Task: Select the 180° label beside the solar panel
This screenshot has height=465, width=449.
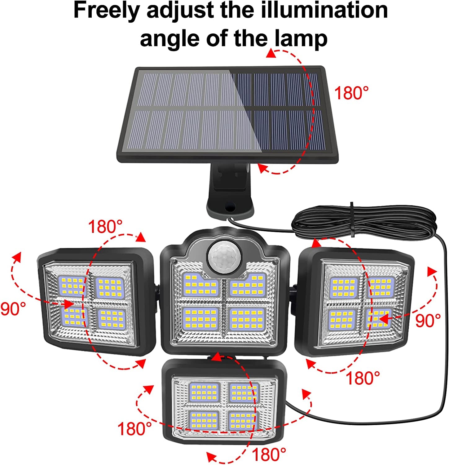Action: (x=351, y=93)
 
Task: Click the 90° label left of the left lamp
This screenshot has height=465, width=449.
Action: (x=13, y=308)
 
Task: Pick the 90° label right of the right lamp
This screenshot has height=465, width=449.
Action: (x=428, y=321)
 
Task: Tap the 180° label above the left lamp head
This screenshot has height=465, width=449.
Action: (x=105, y=227)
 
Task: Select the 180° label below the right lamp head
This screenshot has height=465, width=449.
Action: (x=363, y=378)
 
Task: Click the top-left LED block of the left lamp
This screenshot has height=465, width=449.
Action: (x=72, y=286)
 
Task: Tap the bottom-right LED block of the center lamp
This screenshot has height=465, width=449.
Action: (x=247, y=319)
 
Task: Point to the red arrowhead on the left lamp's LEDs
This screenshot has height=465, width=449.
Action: (x=68, y=303)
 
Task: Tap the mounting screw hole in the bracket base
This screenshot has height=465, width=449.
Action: (x=230, y=206)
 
